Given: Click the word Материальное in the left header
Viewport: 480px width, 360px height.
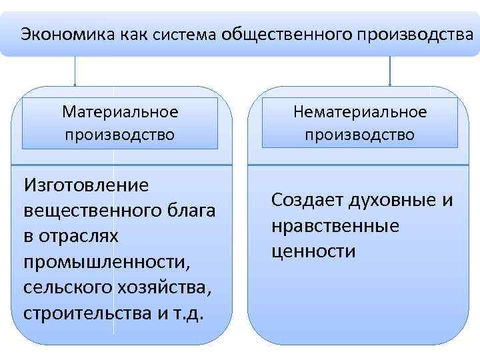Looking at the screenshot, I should coord(120,111).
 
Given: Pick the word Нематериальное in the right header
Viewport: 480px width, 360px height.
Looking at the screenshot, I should coord(360,111).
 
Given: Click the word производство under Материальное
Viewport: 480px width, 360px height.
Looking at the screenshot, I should coord(120,135).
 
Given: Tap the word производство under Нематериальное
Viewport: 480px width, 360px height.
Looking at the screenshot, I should coord(360,135).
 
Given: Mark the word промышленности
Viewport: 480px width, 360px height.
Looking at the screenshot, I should coord(106,262).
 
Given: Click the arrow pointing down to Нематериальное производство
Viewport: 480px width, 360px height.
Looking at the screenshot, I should coord(390,72).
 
